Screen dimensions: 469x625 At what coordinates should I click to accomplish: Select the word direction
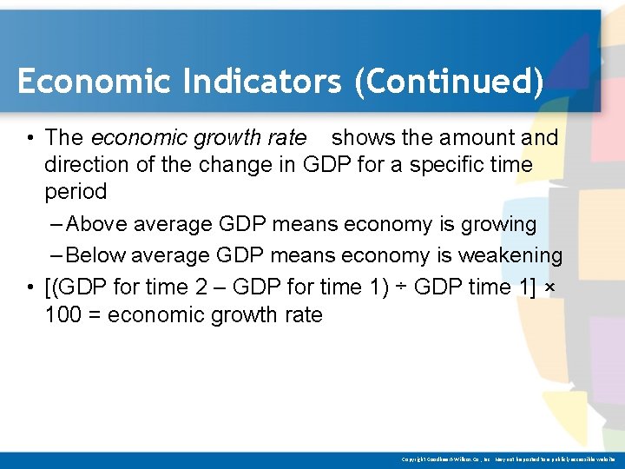point(88,165)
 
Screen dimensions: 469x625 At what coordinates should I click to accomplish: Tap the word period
point(76,192)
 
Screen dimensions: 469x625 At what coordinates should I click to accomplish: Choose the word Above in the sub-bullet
point(95,224)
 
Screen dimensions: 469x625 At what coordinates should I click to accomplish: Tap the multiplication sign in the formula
point(549,287)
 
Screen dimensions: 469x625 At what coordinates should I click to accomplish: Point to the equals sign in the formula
point(95,315)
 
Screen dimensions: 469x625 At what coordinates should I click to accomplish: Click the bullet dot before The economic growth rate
point(30,138)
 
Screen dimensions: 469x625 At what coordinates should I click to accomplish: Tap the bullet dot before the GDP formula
point(30,287)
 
